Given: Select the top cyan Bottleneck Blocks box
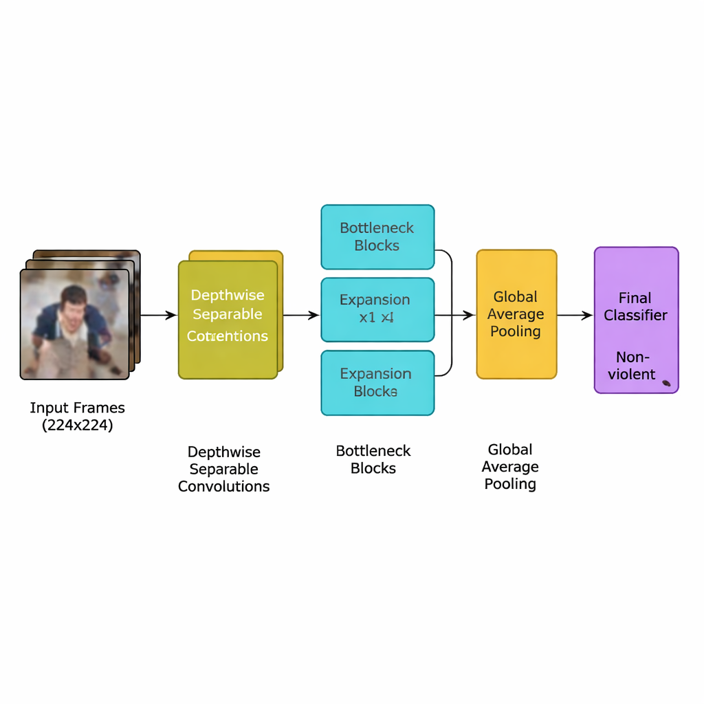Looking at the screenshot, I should coord(377,236).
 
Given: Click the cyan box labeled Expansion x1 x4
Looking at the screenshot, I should coord(377,309).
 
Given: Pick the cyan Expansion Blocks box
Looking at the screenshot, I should coord(377,383).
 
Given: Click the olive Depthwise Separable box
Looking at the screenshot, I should coord(228,320).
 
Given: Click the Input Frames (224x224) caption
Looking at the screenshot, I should coord(77,417).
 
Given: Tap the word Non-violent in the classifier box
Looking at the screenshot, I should coord(635,366).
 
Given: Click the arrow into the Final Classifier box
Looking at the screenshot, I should coord(575,316).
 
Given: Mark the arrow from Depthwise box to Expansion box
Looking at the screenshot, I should coord(301,316).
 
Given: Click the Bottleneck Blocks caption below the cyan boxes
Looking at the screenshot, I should coord(373,460).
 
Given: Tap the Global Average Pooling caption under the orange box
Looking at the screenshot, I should coord(509,467).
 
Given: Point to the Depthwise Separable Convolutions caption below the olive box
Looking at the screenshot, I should coord(223,470).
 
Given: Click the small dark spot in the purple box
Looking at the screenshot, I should coord(665,383).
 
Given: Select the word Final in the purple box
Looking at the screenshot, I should coord(635,298).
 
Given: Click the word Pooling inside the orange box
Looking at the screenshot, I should coord(516,331).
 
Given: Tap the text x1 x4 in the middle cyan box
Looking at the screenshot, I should coord(376,318).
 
